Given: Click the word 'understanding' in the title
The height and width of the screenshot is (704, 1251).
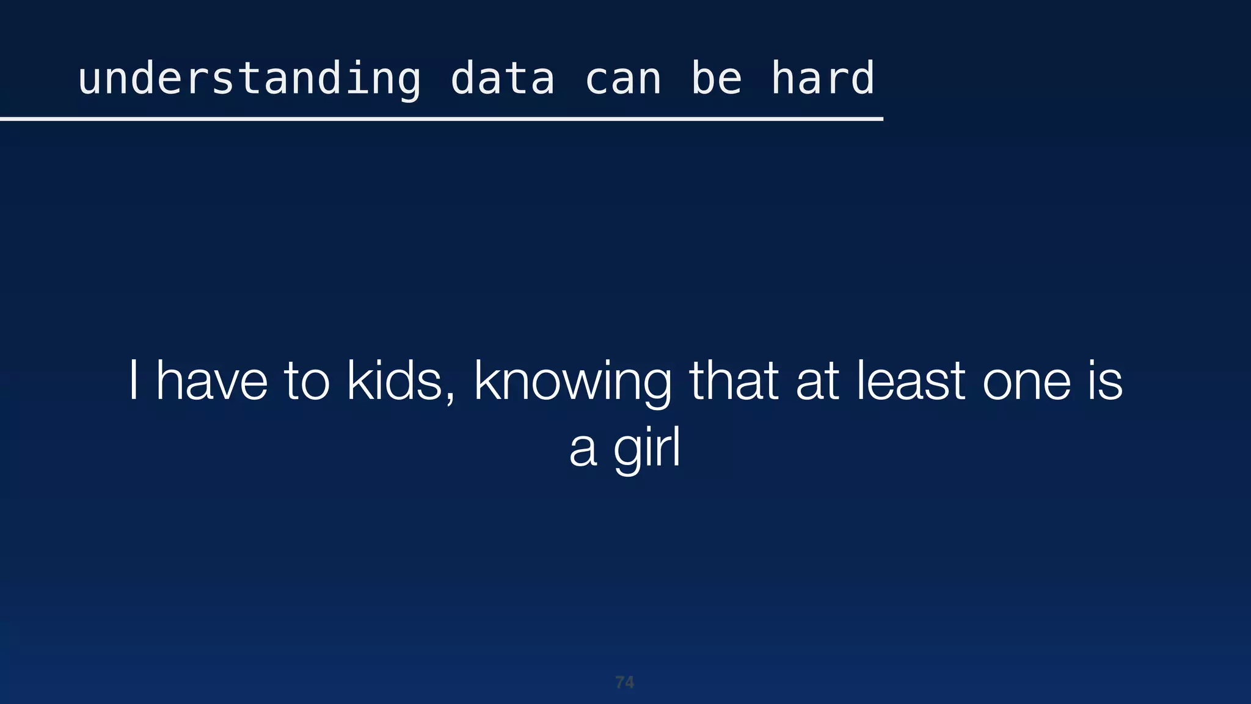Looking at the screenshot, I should (x=249, y=79).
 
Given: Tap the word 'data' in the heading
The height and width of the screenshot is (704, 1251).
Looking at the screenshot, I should (x=502, y=79).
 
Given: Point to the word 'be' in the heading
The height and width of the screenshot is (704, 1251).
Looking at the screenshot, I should (x=716, y=79).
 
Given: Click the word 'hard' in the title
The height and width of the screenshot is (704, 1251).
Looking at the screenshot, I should (x=822, y=79).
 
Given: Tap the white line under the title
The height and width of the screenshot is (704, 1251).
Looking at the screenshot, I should (x=441, y=119).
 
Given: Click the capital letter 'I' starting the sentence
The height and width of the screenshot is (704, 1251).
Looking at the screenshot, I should (x=133, y=381).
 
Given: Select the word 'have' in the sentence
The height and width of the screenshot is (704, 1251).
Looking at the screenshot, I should (x=212, y=381).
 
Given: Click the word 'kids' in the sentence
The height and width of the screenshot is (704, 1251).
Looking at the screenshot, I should (x=394, y=381).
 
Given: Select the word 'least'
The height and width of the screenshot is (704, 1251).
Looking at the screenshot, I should (x=911, y=381).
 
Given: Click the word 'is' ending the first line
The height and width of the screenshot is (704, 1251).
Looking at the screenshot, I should (x=1105, y=381).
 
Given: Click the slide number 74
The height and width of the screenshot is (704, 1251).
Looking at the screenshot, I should (x=624, y=682).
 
